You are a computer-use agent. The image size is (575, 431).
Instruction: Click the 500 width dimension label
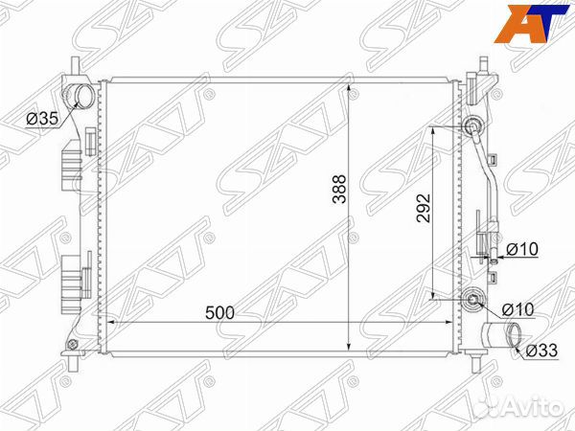(x=219, y=313)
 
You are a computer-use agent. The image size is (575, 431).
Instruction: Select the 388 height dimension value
(x=339, y=189)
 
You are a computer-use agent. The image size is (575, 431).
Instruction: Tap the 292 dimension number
(x=424, y=208)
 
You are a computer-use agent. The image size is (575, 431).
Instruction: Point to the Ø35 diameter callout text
(x=42, y=119)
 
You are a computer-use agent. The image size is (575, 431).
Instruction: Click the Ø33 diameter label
(x=541, y=351)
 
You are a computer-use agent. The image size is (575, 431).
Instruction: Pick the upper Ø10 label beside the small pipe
(x=522, y=250)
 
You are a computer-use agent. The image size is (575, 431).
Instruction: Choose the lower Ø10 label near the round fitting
(x=517, y=309)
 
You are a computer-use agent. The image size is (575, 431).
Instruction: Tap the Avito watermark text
(x=522, y=407)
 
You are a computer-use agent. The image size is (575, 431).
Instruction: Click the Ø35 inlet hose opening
(x=83, y=95)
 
